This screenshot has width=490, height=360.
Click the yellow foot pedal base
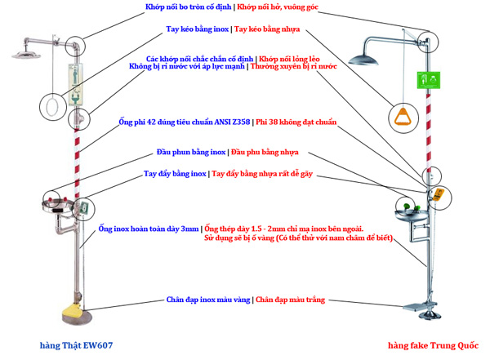(70, 312)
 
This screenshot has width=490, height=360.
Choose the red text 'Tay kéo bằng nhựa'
(267, 29)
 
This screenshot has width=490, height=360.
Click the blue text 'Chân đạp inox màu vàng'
(207, 300)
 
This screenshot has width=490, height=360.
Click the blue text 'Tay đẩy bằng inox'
(175, 174)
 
